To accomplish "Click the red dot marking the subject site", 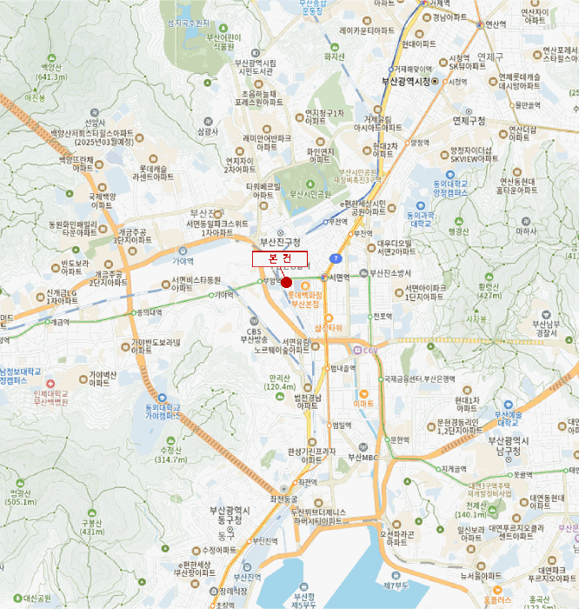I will pyautogui.click(x=286, y=282).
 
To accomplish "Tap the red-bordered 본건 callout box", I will pyautogui.click(x=280, y=259).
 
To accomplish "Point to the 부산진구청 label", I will pyautogui.click(x=280, y=241).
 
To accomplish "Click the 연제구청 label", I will pyautogui.click(x=469, y=121).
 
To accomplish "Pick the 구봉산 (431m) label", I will pyautogui.click(x=92, y=526).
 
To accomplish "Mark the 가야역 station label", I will pyautogui.click(x=224, y=295).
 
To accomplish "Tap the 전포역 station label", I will pyautogui.click(x=383, y=316).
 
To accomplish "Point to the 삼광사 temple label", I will pyautogui.click(x=207, y=132).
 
